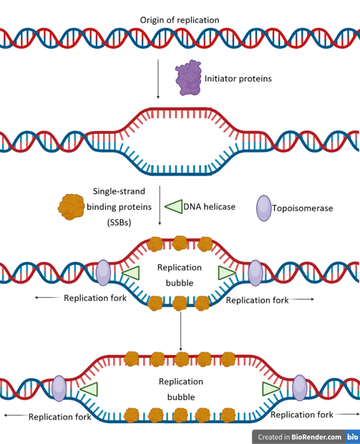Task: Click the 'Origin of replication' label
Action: (180, 20)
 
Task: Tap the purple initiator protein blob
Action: (188, 77)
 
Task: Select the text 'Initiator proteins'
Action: (238, 79)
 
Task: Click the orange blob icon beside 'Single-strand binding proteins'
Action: (72, 207)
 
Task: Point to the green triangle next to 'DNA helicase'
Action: (174, 206)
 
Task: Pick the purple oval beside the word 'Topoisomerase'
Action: (264, 208)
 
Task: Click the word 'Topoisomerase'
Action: (303, 208)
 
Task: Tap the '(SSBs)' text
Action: (119, 223)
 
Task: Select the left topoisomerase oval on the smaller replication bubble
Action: (103, 273)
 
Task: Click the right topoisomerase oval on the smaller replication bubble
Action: (256, 273)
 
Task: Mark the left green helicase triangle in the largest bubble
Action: (89, 389)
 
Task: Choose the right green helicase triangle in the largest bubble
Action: (271, 389)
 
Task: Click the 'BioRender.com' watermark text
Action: (316, 437)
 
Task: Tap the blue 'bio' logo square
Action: (353, 437)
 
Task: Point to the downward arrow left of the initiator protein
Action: (158, 79)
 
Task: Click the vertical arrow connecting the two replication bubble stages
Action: (180, 331)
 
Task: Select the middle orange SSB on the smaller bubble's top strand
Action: (180, 243)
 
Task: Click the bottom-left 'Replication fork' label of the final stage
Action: (59, 417)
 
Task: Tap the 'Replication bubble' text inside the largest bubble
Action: (181, 390)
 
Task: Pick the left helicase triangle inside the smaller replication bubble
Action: (131, 274)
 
